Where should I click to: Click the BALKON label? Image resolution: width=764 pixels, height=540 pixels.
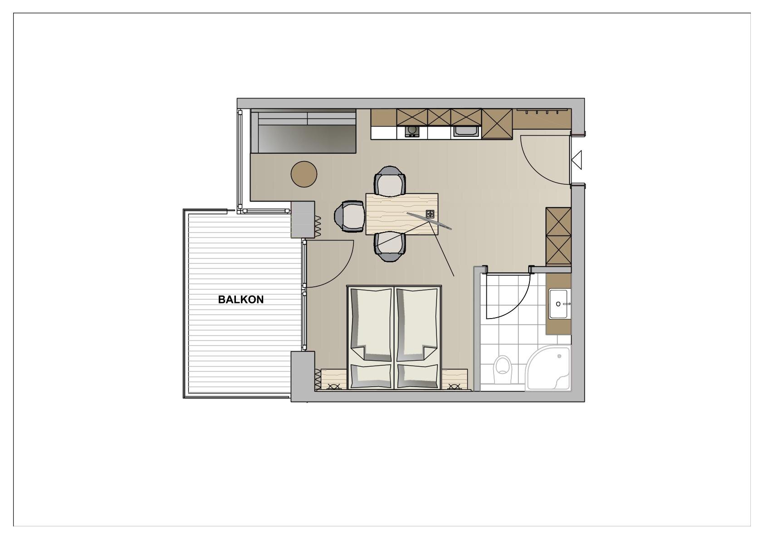241,299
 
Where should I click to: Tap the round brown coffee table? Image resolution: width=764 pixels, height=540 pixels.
304,174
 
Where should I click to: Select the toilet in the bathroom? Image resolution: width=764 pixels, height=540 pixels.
503,369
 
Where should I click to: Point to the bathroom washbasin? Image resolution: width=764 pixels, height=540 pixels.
558,304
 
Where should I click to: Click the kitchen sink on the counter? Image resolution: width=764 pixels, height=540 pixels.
466,131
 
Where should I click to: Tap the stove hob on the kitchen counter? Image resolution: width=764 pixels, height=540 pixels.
412,131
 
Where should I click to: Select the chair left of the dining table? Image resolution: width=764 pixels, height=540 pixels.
349,216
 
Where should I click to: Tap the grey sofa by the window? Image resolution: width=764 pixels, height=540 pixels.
303,131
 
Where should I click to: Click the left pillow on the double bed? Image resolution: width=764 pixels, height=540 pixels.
371,376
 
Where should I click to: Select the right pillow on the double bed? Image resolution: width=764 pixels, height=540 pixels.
417,376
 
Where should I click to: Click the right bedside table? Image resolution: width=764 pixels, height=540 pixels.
455,379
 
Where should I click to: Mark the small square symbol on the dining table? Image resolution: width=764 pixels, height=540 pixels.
430,214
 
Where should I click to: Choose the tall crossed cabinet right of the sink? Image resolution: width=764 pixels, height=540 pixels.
497,124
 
